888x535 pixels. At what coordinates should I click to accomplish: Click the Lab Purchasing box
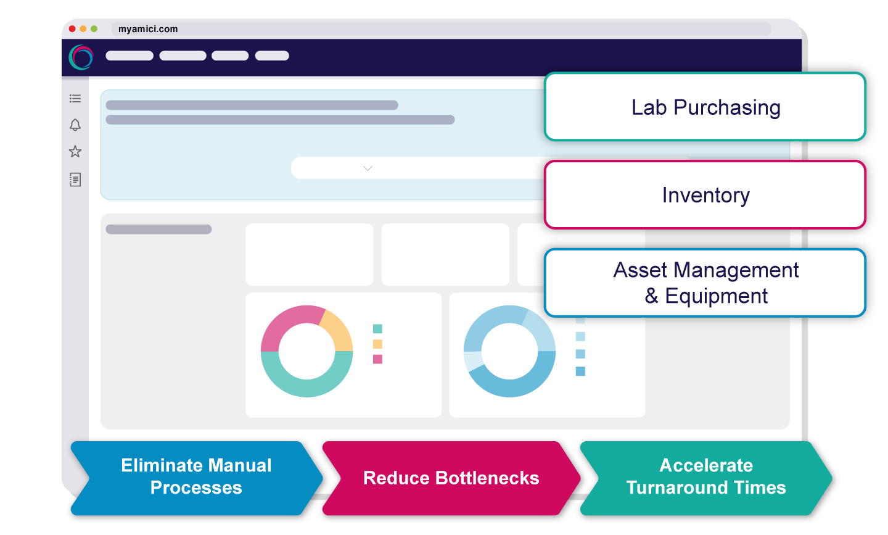coord(705,107)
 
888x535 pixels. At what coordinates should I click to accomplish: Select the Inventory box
coord(705,195)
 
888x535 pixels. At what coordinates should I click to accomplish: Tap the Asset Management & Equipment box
coord(705,283)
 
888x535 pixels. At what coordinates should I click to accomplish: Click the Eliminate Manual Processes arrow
coord(196,477)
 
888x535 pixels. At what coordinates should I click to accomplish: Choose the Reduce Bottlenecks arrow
coord(451,478)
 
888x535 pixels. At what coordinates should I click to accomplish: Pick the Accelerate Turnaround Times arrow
coord(706,477)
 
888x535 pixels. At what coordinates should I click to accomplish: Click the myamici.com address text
coord(148,29)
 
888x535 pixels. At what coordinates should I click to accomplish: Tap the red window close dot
coord(73,29)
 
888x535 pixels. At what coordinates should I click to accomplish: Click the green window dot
coord(94,29)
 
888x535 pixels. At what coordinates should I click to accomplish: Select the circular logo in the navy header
coord(81,57)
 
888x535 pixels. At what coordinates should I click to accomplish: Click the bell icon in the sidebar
coord(75,125)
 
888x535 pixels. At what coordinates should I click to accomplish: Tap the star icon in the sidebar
coord(75,151)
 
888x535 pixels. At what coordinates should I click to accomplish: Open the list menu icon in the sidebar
coord(75,98)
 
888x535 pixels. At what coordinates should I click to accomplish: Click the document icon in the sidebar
coord(75,180)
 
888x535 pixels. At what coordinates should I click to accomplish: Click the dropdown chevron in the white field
coord(368,168)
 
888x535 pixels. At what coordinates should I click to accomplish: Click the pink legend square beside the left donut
coord(377,359)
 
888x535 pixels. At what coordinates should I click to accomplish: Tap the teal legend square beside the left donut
coord(377,329)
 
